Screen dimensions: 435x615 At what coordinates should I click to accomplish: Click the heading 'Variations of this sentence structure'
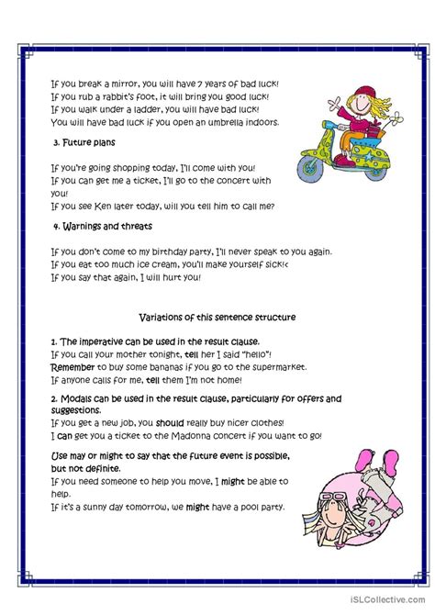click(x=217, y=317)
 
